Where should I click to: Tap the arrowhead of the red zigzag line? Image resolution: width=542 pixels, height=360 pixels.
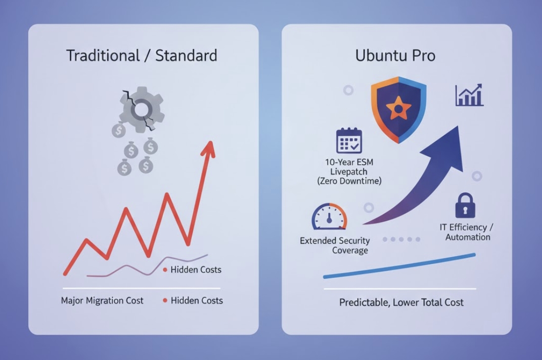(210, 148)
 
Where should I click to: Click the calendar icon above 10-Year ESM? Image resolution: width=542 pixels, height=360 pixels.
(349, 141)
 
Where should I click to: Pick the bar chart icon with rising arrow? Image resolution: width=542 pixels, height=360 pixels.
(469, 95)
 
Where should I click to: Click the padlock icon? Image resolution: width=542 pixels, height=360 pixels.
(464, 206)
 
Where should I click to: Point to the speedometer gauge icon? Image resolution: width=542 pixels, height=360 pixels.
(329, 218)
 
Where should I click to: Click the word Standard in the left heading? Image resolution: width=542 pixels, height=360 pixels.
(186, 55)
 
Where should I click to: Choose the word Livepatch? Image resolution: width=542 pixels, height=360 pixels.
(350, 172)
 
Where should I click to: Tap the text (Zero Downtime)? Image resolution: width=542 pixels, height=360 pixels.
(350, 181)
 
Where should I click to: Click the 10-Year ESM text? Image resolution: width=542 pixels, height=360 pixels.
(350, 162)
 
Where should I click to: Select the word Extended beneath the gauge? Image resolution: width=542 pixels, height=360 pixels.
(317, 241)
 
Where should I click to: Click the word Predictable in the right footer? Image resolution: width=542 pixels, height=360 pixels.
(363, 302)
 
